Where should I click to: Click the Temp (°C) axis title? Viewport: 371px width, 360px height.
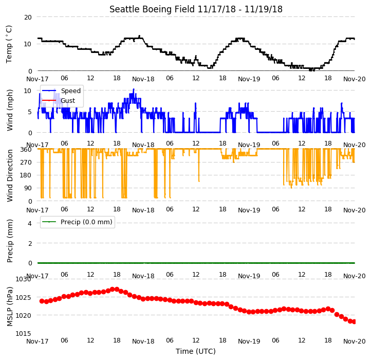point(9,44)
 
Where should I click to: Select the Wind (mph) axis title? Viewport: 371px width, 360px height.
point(9,110)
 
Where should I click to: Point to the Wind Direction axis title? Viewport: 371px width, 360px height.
point(9,175)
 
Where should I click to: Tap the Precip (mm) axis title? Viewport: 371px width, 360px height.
point(9,241)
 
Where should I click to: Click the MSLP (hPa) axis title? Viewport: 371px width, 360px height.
point(9,307)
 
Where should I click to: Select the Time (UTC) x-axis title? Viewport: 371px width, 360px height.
point(196,351)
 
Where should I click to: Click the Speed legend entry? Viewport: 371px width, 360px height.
point(71,91)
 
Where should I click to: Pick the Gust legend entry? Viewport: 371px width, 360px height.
point(68,101)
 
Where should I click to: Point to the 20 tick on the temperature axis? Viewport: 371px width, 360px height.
point(28,17)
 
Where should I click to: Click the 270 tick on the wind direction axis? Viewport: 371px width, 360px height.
point(27,162)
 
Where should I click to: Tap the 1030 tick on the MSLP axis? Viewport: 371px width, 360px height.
point(23,279)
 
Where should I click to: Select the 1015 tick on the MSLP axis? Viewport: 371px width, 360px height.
point(23,333)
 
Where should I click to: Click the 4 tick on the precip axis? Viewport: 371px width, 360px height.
point(30,223)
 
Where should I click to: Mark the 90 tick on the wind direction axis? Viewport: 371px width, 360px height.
point(28,188)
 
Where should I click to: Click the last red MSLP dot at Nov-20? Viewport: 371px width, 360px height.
point(354,321)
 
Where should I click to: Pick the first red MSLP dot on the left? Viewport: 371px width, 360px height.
point(42,301)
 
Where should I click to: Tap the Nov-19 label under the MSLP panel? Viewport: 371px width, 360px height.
point(249,341)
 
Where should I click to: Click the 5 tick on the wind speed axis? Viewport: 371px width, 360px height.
point(30,112)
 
